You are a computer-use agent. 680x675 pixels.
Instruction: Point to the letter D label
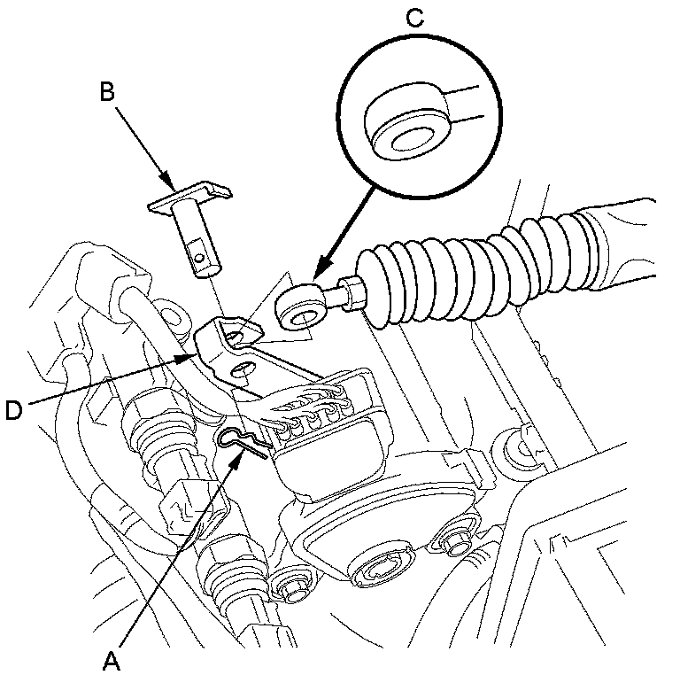tap(13, 409)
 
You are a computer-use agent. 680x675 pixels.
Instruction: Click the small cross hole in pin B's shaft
tap(203, 258)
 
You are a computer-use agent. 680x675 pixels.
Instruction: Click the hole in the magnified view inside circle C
tap(410, 136)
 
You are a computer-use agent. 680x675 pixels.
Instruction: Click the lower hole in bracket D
tap(239, 366)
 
